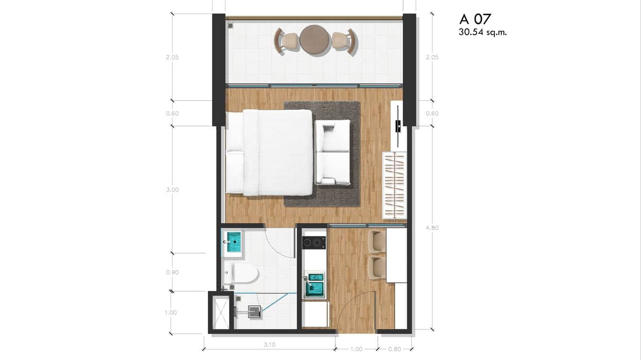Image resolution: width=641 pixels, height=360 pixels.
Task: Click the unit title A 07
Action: tap(475, 19)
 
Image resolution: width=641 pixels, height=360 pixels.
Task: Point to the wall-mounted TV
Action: tap(397, 126)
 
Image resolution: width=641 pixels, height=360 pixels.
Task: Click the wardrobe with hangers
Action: tap(394, 185)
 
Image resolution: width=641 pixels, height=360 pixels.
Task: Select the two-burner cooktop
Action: tap(314, 243)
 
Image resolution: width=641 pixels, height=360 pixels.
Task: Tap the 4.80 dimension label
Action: tap(432, 228)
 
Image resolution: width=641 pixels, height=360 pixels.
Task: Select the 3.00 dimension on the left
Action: tap(172, 190)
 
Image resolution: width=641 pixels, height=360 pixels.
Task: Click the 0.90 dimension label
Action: tap(172, 272)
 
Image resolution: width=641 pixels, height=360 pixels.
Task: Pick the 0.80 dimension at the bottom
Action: tap(395, 349)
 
